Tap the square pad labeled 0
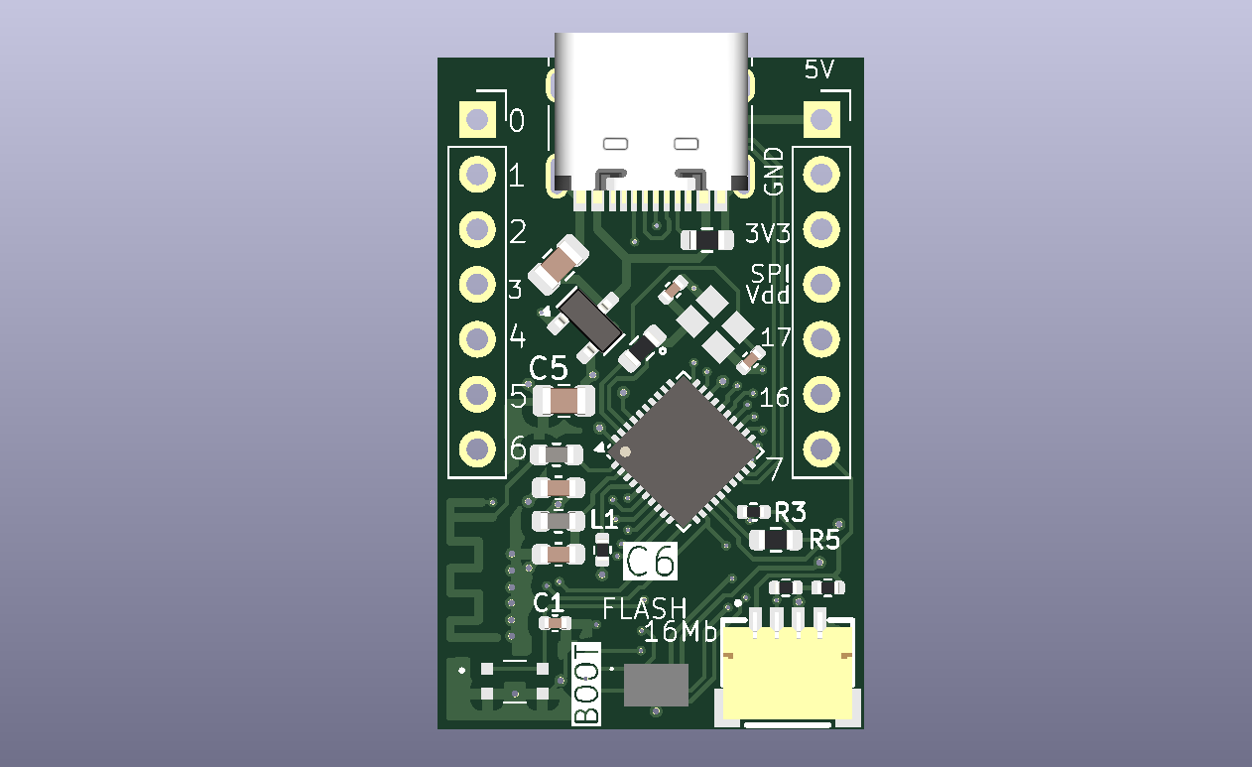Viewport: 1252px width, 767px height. point(477,119)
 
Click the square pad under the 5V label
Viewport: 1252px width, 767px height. point(821,119)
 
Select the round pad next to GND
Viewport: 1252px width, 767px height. point(821,175)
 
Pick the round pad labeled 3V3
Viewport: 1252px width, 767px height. point(821,229)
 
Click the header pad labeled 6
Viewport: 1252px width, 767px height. point(477,448)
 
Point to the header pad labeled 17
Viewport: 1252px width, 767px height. point(821,339)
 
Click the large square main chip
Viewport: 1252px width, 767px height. point(684,451)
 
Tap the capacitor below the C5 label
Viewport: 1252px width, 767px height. point(563,400)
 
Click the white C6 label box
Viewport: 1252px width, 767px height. point(650,561)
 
